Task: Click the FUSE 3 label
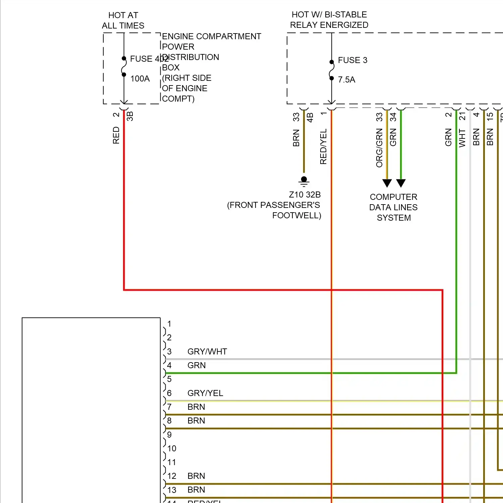pyautogui.click(x=352, y=60)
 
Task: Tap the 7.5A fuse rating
pyautogui.click(x=346, y=80)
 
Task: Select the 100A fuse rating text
pyautogui.click(x=140, y=79)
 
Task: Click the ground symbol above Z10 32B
pyautogui.click(x=304, y=181)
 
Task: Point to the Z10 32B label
pyautogui.click(x=304, y=195)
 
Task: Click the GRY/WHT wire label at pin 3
pyautogui.click(x=207, y=352)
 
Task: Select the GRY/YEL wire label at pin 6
pyautogui.click(x=205, y=393)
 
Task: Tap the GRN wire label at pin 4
pyautogui.click(x=197, y=366)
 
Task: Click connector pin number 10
pyautogui.click(x=172, y=449)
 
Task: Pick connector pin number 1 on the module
pyautogui.click(x=169, y=324)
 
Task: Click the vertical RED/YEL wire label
pyautogui.click(x=323, y=147)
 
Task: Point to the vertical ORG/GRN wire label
pyautogui.click(x=379, y=148)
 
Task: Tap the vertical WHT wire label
pyautogui.click(x=462, y=138)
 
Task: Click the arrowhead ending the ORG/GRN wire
pyautogui.click(x=387, y=183)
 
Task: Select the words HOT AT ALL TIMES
pyautogui.click(x=123, y=20)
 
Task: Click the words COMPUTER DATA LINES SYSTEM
pyautogui.click(x=393, y=207)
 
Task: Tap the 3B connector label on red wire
pyautogui.click(x=130, y=116)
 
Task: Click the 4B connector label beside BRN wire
pyautogui.click(x=310, y=117)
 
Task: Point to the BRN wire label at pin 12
pyautogui.click(x=196, y=476)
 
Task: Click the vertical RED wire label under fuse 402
pyautogui.click(x=116, y=135)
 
